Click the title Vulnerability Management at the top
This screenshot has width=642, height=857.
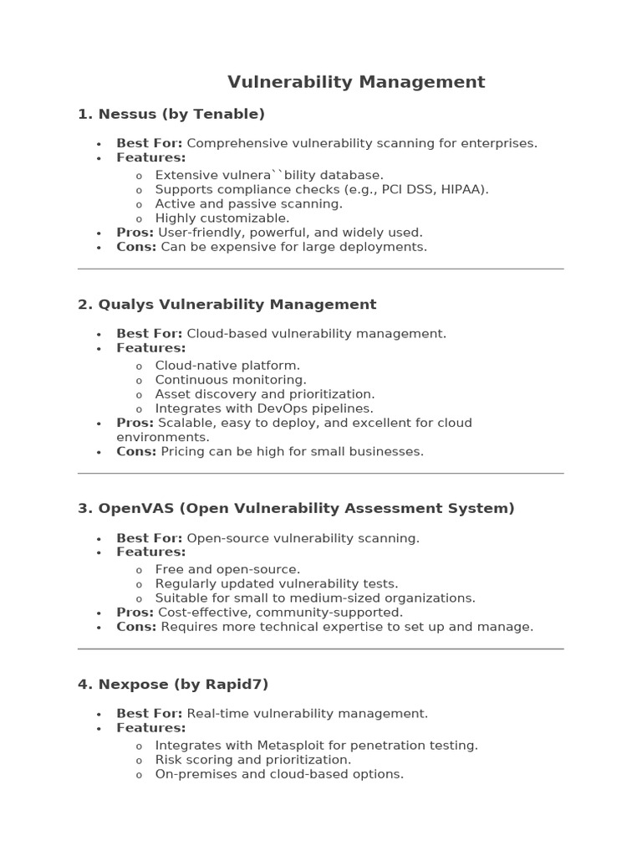(356, 82)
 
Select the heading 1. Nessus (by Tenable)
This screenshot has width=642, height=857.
(171, 114)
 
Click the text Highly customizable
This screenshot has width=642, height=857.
(222, 218)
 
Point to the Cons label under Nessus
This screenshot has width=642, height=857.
(136, 247)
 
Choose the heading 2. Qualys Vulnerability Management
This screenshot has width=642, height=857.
(227, 305)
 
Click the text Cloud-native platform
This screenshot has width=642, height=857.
(227, 366)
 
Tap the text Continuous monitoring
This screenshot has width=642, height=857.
(231, 380)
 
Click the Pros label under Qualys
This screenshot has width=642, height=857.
(135, 423)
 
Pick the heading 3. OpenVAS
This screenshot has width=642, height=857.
(296, 508)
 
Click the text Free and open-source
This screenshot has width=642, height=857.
(227, 569)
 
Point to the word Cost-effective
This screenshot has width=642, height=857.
(205, 613)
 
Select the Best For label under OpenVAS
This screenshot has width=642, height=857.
(149, 538)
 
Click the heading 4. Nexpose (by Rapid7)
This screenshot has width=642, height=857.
(173, 684)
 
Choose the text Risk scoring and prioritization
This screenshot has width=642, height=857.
(253, 760)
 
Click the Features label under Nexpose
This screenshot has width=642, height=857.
(150, 728)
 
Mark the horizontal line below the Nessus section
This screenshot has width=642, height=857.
(321, 269)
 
